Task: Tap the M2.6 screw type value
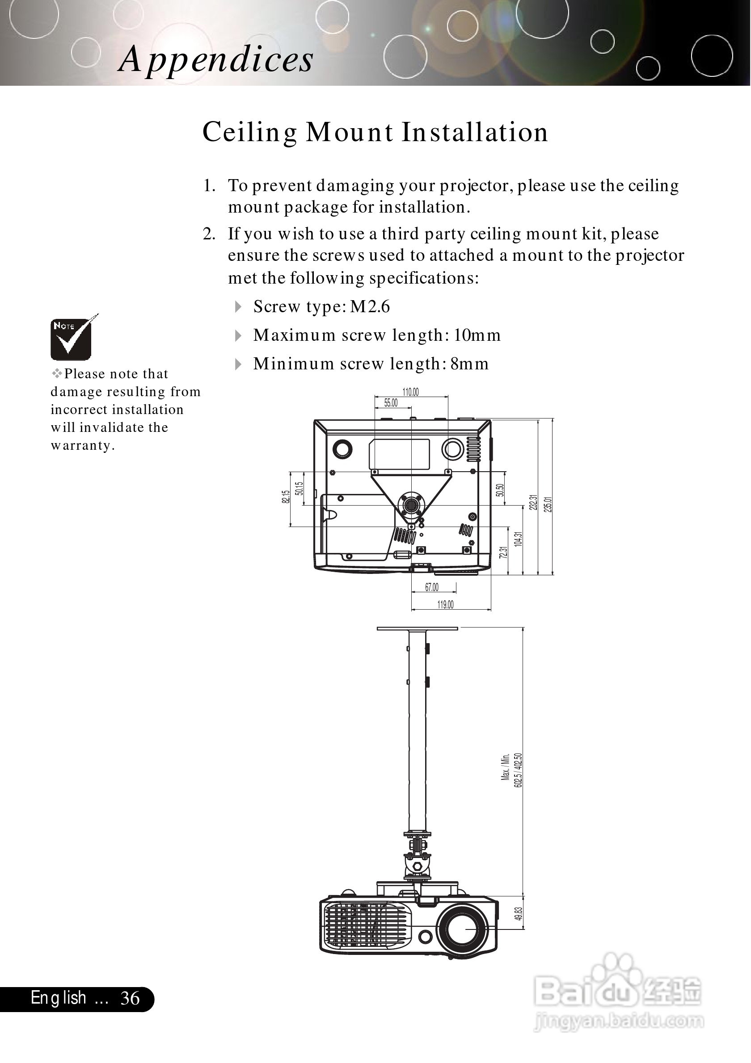click(x=370, y=306)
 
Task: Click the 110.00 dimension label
click(x=410, y=392)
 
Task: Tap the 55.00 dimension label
click(x=391, y=403)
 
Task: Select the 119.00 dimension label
click(x=445, y=605)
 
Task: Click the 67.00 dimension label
click(x=432, y=587)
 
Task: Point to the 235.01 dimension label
click(x=548, y=504)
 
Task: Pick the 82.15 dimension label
click(x=285, y=497)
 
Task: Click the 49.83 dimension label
click(x=519, y=913)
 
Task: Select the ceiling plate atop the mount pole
click(x=417, y=628)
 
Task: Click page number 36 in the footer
click(x=130, y=999)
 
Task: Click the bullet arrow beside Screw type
click(x=238, y=306)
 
